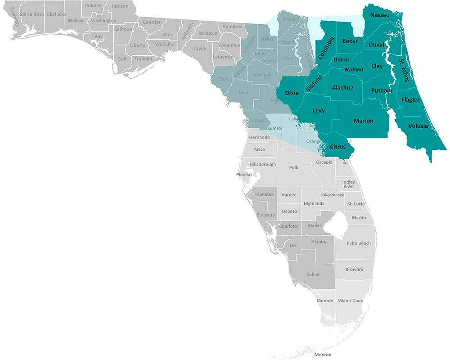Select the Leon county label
[166, 34]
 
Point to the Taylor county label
[200, 48]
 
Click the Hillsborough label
[263, 164]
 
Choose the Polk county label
[294, 167]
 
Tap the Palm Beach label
[359, 243]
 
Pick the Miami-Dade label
[350, 301]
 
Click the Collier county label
[313, 274]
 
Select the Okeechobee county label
[333, 195]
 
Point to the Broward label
[355, 270]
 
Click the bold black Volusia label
[418, 126]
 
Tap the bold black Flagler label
[410, 99]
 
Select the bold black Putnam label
[382, 90]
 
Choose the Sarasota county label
[265, 215]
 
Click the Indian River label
[349, 184]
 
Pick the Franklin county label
[143, 59]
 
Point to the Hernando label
[259, 137]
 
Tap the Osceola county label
[324, 162]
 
